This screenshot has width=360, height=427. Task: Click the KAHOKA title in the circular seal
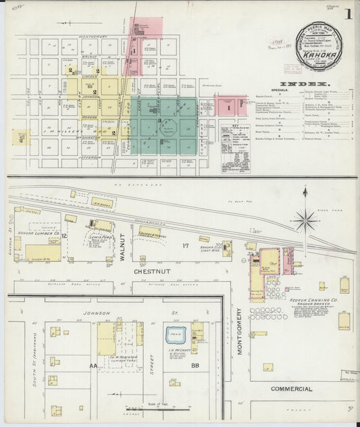319,48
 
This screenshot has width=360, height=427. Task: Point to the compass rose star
305,219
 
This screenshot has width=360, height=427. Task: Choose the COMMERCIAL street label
292,389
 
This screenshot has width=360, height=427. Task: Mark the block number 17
184,246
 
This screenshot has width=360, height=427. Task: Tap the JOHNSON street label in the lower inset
96,313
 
